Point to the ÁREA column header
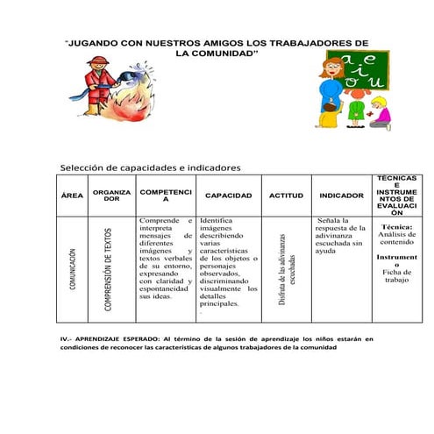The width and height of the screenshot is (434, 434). click(x=72, y=196)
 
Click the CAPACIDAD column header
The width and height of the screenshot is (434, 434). click(x=228, y=196)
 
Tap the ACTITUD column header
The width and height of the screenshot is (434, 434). click(x=286, y=196)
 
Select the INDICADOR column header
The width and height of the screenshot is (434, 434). click(x=342, y=196)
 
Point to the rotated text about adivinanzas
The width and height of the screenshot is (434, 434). click(x=287, y=268)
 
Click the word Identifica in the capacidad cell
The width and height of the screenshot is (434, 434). click(x=216, y=221)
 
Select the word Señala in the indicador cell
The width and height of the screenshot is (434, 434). click(x=334, y=221)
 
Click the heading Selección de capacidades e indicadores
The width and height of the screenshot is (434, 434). click(x=149, y=167)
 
